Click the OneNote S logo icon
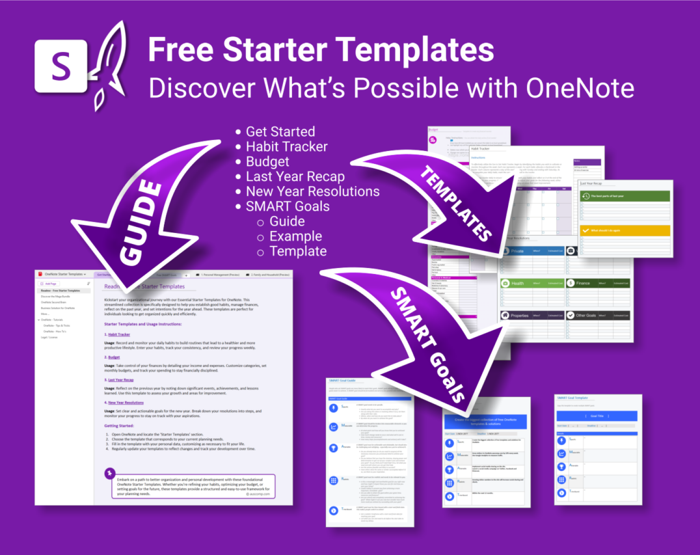(x=60, y=66)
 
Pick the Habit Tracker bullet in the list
(x=286, y=146)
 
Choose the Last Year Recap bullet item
(x=295, y=176)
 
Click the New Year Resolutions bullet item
(x=312, y=191)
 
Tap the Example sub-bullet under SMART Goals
(x=295, y=236)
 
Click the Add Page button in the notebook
(x=51, y=283)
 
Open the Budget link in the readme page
(x=113, y=357)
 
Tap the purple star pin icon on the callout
(x=109, y=473)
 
